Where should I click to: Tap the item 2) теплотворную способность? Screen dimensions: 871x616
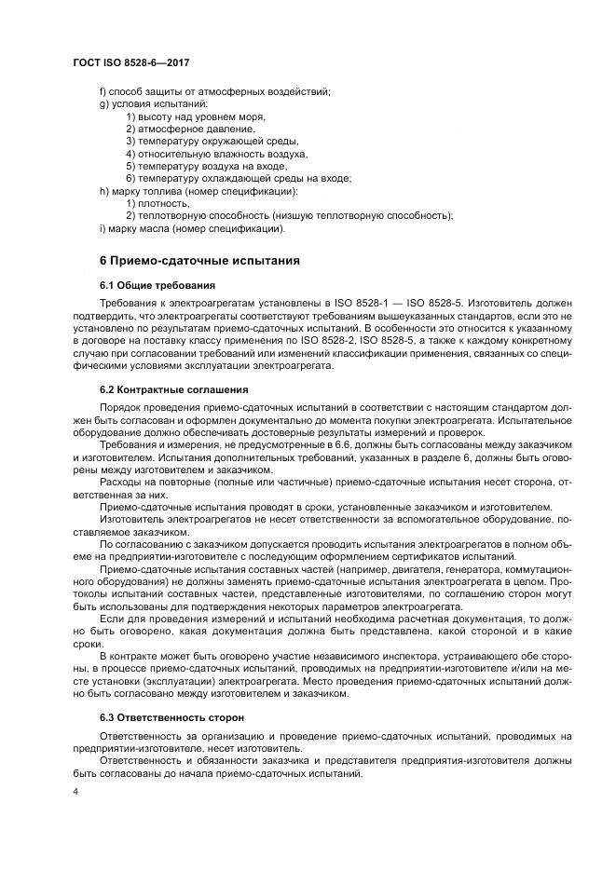point(289,216)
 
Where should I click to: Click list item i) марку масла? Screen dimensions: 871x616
point(192,228)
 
